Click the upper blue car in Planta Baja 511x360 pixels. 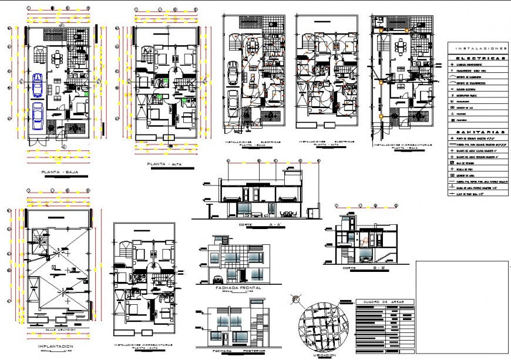(38, 85)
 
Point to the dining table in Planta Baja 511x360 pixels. (58, 58)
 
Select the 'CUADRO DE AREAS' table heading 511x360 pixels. (384, 302)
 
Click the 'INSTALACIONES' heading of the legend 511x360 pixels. (479, 48)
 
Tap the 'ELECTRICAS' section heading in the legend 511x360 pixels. (479, 59)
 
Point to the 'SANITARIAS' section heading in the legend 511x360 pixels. (479, 132)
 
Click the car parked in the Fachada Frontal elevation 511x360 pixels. (216, 279)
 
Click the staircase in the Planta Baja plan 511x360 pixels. (39, 56)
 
